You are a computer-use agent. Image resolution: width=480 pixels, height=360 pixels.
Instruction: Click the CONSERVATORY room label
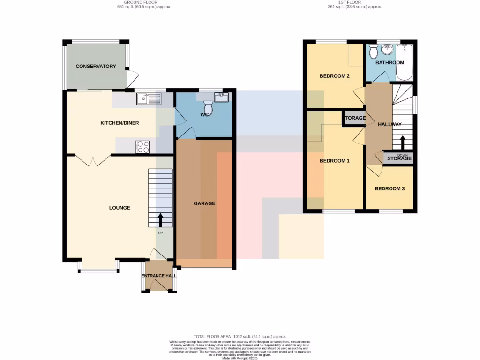point(96,67)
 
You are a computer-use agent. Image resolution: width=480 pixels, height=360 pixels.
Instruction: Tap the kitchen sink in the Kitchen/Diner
point(148,98)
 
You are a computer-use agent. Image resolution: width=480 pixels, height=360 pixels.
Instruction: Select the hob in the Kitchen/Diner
point(142,147)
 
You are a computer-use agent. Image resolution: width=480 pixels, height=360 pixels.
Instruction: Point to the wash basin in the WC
point(221,97)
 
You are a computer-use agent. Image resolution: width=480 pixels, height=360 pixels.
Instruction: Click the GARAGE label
point(204,203)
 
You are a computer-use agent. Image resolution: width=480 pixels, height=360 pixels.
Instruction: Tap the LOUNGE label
point(120,208)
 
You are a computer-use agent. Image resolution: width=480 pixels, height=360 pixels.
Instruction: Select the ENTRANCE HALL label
point(159,276)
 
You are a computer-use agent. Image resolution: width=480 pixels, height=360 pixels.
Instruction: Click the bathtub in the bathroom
point(404,63)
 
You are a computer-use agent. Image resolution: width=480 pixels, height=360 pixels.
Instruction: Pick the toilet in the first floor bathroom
point(373,51)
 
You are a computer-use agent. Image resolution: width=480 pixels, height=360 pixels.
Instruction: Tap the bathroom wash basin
point(388,50)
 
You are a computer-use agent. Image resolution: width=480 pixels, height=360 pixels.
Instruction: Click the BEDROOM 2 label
point(335,76)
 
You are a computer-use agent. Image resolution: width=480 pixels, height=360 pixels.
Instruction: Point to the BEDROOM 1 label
point(335,161)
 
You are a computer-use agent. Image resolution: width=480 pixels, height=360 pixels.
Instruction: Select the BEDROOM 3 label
point(390,189)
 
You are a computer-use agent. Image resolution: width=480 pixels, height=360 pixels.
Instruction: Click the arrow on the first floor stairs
point(402,142)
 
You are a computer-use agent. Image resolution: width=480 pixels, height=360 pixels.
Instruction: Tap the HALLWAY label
point(390,124)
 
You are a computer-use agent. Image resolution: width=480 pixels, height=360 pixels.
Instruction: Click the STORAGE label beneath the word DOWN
point(399,159)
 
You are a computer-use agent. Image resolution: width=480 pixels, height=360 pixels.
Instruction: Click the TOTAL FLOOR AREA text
point(240,337)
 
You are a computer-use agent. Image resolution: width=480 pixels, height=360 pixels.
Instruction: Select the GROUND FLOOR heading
point(144,2)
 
